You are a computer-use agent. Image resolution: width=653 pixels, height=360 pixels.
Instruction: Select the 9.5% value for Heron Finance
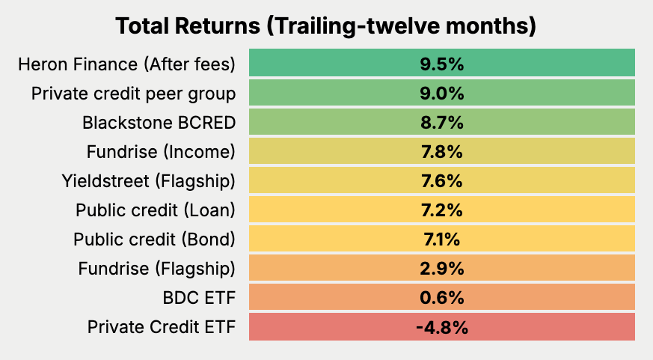click(441, 64)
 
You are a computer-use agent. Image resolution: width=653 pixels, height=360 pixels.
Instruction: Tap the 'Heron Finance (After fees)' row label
click(126, 64)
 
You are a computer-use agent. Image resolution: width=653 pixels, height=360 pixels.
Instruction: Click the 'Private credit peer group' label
click(133, 94)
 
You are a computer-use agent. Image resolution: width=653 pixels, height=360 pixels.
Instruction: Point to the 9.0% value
click(441, 94)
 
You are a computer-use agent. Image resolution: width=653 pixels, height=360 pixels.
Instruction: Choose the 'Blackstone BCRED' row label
click(159, 123)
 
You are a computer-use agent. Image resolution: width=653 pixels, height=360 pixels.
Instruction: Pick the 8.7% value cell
click(441, 123)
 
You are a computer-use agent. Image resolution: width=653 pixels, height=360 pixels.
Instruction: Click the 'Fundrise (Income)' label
click(161, 152)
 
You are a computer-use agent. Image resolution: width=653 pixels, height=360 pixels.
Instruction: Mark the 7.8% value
click(441, 152)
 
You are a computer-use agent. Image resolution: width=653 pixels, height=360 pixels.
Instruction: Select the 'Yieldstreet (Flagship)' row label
click(149, 181)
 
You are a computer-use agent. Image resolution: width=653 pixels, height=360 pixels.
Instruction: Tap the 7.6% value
click(441, 181)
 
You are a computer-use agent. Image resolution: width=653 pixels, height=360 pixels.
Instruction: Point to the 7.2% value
click(441, 210)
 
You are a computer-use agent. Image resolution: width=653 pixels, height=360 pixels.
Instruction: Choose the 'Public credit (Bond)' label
click(154, 240)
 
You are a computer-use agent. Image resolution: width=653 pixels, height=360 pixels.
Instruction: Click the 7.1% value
click(441, 240)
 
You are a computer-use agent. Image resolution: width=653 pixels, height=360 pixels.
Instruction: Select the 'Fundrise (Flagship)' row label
click(156, 269)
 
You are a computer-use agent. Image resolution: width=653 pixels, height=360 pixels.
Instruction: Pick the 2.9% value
click(441, 269)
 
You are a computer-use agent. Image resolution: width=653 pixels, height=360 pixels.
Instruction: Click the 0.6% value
click(441, 298)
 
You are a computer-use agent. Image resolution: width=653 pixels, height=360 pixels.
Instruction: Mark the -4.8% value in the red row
click(441, 327)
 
